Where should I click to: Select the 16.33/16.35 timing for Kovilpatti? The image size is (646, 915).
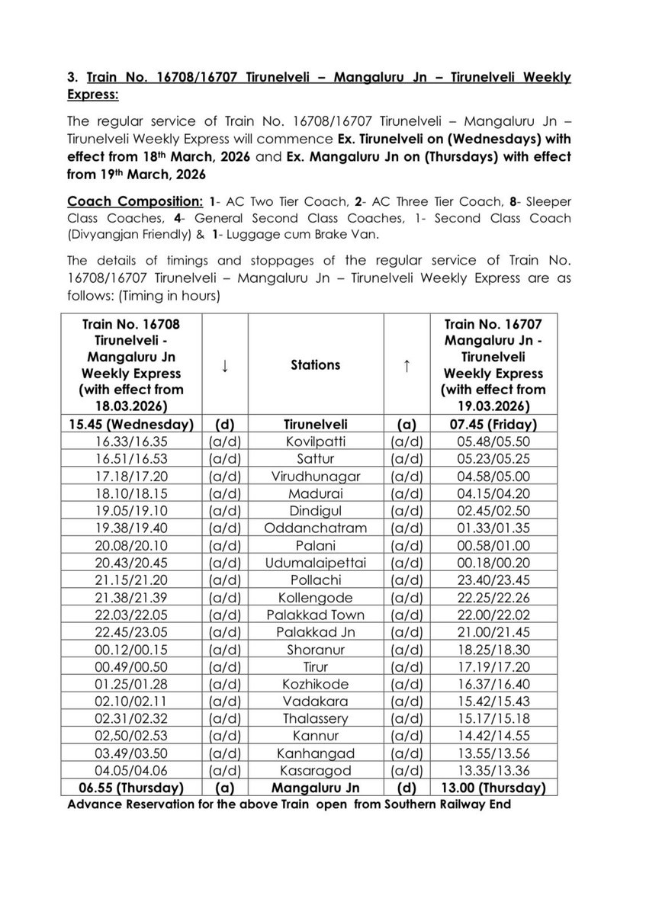pos(135,441)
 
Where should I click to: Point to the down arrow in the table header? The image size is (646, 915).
pos(225,365)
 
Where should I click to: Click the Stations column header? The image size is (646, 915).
pos(315,365)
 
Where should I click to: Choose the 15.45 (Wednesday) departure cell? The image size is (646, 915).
pos(135,424)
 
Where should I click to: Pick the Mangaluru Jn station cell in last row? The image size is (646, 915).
pos(315,785)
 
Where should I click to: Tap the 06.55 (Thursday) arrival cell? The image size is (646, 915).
pos(135,785)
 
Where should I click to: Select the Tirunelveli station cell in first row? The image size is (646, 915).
pos(315,424)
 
